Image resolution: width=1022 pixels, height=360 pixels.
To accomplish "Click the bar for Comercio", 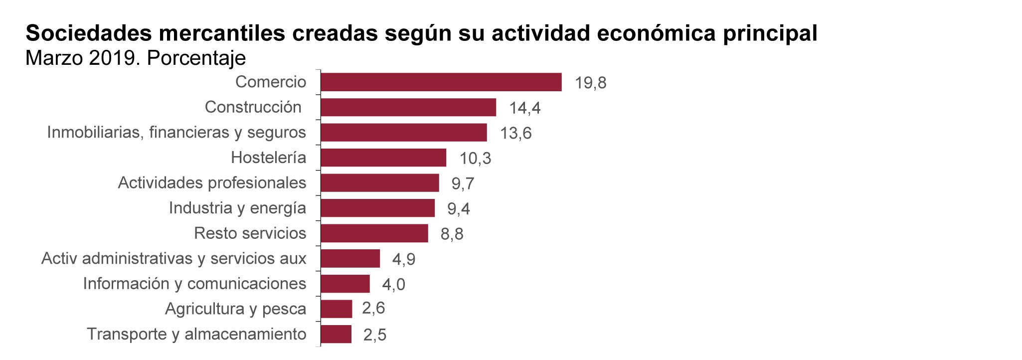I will pyautogui.click(x=441, y=82).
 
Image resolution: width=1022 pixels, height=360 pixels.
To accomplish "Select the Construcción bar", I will pyautogui.click(x=408, y=107).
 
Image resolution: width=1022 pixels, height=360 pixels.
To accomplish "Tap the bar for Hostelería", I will pyautogui.click(x=383, y=158).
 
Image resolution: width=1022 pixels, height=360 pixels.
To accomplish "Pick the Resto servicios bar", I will pyautogui.click(x=374, y=233).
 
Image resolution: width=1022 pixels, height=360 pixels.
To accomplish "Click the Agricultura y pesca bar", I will pyautogui.click(x=336, y=309).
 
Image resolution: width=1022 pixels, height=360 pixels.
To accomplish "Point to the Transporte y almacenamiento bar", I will pyautogui.click(x=336, y=334).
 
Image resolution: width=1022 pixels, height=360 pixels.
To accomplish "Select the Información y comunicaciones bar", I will pyautogui.click(x=345, y=284).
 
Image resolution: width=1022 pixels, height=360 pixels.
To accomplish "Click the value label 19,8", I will pyautogui.click(x=590, y=83).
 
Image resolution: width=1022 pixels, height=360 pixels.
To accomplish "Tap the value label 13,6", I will pyautogui.click(x=516, y=133).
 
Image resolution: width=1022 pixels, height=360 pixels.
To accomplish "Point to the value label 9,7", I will pyautogui.click(x=463, y=183).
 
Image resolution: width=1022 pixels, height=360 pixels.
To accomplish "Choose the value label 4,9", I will pyautogui.click(x=403, y=259).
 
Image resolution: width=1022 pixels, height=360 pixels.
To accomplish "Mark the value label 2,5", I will pyautogui.click(x=374, y=335).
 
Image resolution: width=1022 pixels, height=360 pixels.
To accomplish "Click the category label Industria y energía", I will pyautogui.click(x=237, y=208).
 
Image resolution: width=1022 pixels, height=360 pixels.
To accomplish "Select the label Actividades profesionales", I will pyautogui.click(x=212, y=182).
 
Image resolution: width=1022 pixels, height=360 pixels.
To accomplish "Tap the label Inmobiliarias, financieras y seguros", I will pyautogui.click(x=176, y=132).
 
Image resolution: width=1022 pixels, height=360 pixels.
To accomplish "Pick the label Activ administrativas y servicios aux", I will pyautogui.click(x=173, y=258).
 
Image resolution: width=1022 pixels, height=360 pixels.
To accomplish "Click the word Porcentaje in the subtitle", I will pyautogui.click(x=196, y=58).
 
